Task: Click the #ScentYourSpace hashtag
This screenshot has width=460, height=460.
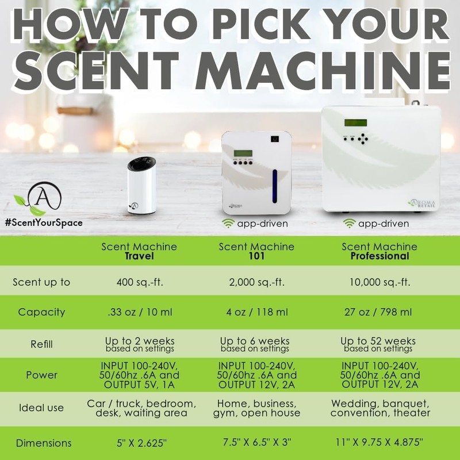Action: (x=44, y=223)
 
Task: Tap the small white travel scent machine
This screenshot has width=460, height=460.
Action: (x=141, y=185)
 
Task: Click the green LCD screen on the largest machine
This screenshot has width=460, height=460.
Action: (x=355, y=122)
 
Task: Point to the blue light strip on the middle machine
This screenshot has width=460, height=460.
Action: (x=275, y=186)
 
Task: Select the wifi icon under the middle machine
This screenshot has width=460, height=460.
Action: (x=228, y=223)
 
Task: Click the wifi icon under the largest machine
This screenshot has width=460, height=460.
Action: (x=349, y=223)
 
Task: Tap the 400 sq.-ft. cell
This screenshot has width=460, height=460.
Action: (x=140, y=282)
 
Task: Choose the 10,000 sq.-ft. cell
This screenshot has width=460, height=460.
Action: (x=379, y=282)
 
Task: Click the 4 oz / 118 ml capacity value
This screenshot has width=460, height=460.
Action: (x=257, y=312)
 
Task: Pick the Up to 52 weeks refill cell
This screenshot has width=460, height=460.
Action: (x=378, y=344)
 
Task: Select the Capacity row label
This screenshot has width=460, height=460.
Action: (x=41, y=312)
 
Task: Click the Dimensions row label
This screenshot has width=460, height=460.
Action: (x=44, y=443)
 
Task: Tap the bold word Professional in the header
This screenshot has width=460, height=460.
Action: (x=379, y=256)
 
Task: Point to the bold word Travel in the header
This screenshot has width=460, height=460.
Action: (x=139, y=256)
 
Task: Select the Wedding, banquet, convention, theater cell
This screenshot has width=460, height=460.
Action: (x=380, y=408)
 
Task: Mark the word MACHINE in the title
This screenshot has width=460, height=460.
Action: (x=323, y=71)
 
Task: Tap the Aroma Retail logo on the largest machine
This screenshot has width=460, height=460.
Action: (x=422, y=203)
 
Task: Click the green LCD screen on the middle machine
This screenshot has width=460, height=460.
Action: (x=243, y=153)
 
